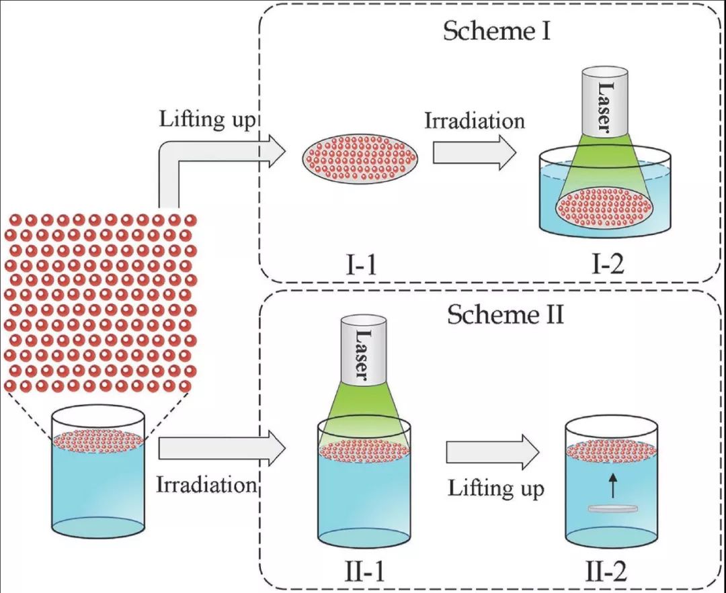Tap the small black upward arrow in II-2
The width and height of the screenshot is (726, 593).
pos(612,485)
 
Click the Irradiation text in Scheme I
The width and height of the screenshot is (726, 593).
pos(474,122)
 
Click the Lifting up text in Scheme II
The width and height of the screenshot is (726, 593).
pos(496,488)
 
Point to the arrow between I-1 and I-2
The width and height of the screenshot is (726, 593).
pos(474,152)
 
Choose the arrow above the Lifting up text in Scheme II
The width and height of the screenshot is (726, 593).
pos(494,453)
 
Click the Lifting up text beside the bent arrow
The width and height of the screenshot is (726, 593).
pos(208,121)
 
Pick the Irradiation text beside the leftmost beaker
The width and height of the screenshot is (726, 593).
pos(206,485)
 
